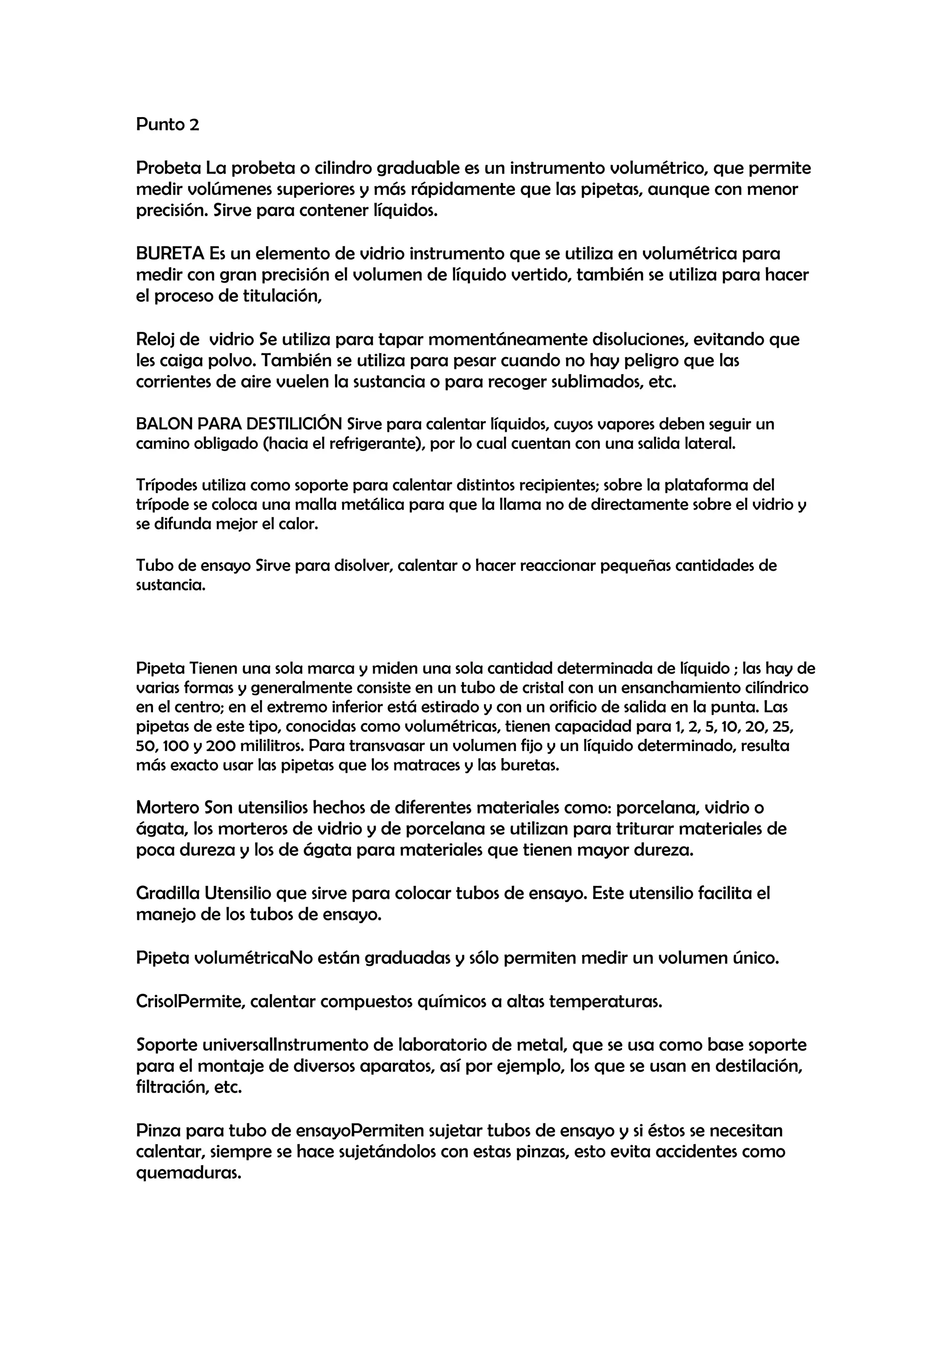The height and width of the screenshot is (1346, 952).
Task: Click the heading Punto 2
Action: click(168, 125)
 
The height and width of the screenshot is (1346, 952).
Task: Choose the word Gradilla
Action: click(168, 893)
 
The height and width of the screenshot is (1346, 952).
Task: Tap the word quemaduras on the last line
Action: click(189, 1173)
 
